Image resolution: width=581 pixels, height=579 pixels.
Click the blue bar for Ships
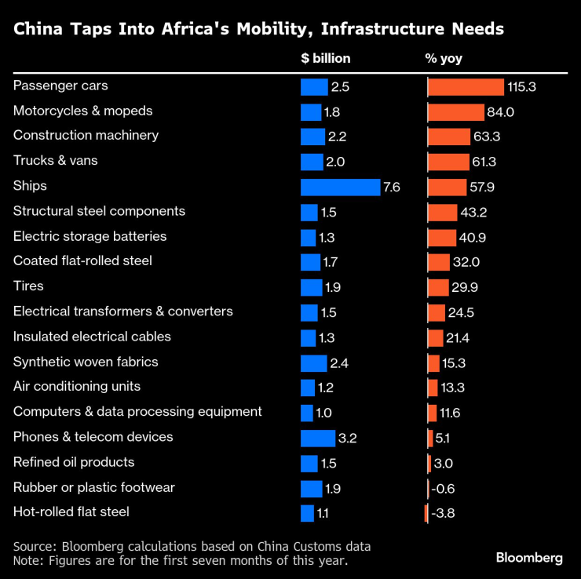tap(340, 187)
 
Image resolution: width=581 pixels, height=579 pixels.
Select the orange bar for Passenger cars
tap(466, 86)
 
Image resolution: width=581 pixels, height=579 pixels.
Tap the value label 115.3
tap(521, 86)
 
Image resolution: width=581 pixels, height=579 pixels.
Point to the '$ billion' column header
tap(326, 58)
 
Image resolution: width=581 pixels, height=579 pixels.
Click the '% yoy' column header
tap(445, 58)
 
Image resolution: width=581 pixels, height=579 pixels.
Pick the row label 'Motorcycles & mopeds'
tap(82, 111)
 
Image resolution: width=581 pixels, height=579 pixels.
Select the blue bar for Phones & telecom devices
tap(318, 438)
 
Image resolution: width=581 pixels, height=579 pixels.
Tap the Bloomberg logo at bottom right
tap(528, 558)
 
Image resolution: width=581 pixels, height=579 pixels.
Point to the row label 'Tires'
tap(28, 286)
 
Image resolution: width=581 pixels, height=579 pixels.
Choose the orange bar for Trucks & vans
tap(448, 162)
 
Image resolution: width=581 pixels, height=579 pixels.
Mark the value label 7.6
tap(393, 187)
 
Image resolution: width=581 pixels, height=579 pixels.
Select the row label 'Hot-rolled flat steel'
tap(71, 512)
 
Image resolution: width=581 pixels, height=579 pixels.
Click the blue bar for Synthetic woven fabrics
tap(313, 362)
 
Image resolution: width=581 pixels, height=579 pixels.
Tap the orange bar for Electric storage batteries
tap(441, 237)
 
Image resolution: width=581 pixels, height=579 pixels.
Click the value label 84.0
tap(500, 111)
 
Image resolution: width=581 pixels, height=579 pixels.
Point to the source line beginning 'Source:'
tap(192, 546)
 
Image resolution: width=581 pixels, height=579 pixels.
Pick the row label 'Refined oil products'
tap(74, 462)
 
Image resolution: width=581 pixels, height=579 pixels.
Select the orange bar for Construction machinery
tap(448, 137)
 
